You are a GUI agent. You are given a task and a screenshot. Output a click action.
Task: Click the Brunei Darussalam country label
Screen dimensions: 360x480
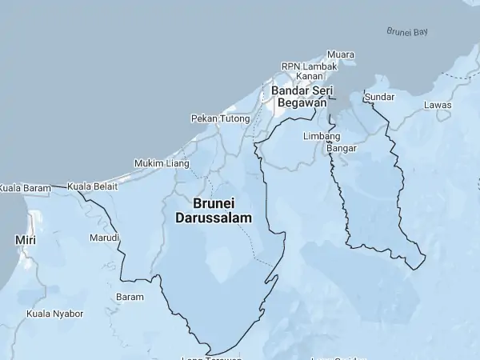point(214,210)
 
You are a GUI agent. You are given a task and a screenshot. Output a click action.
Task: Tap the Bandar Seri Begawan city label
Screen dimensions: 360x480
point(302,96)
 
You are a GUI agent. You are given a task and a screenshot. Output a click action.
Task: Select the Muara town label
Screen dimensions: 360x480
point(341,54)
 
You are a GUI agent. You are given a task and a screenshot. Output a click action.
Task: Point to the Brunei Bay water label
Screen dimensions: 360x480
point(407,32)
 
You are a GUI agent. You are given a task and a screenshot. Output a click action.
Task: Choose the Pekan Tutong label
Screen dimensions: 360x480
point(221,118)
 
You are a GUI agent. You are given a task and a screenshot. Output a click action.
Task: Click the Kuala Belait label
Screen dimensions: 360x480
point(93,186)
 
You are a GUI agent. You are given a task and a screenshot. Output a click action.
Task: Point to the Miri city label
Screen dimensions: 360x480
point(25,239)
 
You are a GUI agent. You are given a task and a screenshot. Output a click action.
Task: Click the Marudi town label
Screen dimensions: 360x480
point(104,238)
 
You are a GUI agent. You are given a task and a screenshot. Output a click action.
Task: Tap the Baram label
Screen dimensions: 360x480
point(130,297)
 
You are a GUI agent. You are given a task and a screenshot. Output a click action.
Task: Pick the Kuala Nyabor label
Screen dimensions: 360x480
point(55,314)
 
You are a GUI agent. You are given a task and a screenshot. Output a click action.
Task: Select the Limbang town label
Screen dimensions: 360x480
point(322,136)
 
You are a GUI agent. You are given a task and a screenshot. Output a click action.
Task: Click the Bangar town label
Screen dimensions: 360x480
point(342,148)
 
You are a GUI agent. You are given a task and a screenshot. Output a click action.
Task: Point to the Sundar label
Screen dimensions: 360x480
point(379,97)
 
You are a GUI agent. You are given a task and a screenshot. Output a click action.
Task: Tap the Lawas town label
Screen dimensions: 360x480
point(438,105)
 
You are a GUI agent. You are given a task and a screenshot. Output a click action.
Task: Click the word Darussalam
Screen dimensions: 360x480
point(214,218)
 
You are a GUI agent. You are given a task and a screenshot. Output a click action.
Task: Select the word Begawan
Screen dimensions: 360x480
point(302,102)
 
